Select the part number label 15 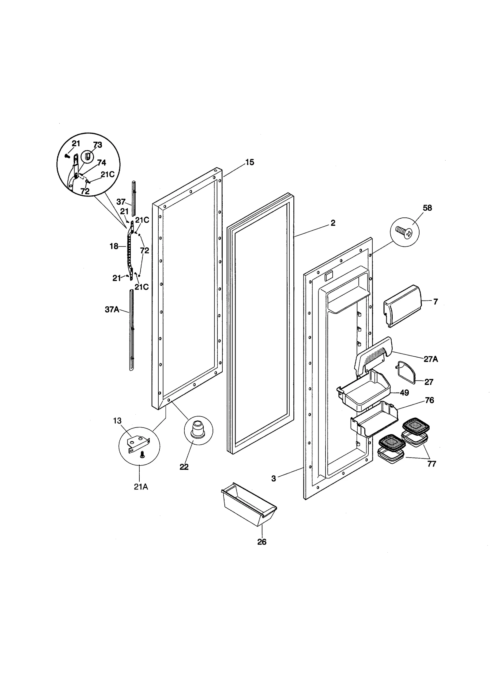[x=250, y=162]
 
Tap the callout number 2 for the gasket [x=333, y=223]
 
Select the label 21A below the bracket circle [x=141, y=487]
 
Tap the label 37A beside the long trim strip [x=112, y=309]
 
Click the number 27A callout [x=431, y=359]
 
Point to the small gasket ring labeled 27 [x=407, y=372]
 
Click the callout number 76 [x=429, y=400]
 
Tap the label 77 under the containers [x=432, y=464]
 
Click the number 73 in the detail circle [x=97, y=145]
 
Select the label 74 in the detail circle [x=101, y=163]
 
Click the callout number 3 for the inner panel [x=273, y=478]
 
